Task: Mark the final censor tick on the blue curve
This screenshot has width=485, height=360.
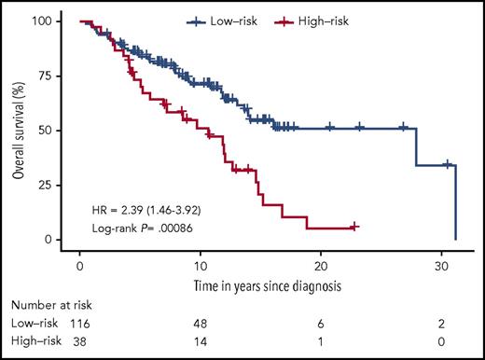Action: [448, 164]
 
